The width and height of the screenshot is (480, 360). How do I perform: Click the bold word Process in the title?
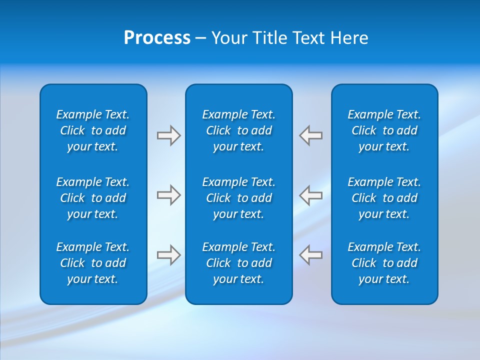pyautogui.click(x=157, y=38)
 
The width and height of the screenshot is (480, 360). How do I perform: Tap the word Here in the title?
pyautogui.click(x=348, y=38)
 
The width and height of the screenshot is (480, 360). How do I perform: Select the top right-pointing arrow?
pyautogui.click(x=168, y=135)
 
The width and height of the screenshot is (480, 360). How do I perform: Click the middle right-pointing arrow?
pyautogui.click(x=168, y=195)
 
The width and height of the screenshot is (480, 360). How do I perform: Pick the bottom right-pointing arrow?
pyautogui.click(x=168, y=254)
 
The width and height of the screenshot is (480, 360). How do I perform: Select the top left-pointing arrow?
pyautogui.click(x=311, y=135)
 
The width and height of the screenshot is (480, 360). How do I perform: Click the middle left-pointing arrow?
pyautogui.click(x=311, y=195)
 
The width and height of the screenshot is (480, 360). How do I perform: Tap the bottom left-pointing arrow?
pyautogui.click(x=311, y=254)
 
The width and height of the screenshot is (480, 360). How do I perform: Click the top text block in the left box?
pyautogui.click(x=93, y=130)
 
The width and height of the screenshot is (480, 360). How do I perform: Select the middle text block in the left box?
pyautogui.click(x=93, y=198)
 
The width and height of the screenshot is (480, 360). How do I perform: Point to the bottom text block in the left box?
pyautogui.click(x=93, y=263)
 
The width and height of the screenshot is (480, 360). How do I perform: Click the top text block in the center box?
pyautogui.click(x=239, y=130)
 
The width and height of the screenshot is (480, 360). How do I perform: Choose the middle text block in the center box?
pyautogui.click(x=239, y=198)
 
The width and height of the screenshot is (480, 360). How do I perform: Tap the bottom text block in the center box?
pyautogui.click(x=239, y=263)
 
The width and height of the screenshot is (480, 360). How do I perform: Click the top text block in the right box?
pyautogui.click(x=384, y=130)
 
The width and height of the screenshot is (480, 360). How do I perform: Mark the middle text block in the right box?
pyautogui.click(x=384, y=198)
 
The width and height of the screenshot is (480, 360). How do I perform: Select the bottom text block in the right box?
pyautogui.click(x=384, y=263)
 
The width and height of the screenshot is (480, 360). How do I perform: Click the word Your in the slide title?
pyautogui.click(x=229, y=38)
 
